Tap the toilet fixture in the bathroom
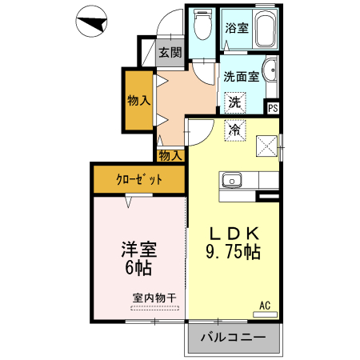point(202,28)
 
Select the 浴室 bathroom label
point(236,28)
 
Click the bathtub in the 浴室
point(265,30)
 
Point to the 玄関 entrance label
point(169,53)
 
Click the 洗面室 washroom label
point(241,77)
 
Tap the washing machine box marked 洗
point(234,102)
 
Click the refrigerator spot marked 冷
point(234,130)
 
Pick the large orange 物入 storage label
point(138,101)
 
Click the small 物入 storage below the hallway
point(170,155)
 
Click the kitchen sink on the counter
point(232,179)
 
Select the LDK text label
point(234,233)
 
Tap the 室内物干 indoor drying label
point(154,298)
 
